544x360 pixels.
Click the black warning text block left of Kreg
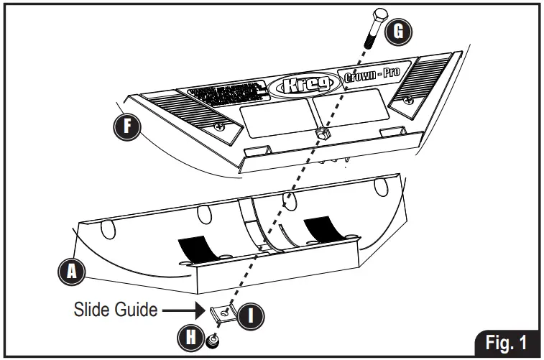click(x=227, y=93)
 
